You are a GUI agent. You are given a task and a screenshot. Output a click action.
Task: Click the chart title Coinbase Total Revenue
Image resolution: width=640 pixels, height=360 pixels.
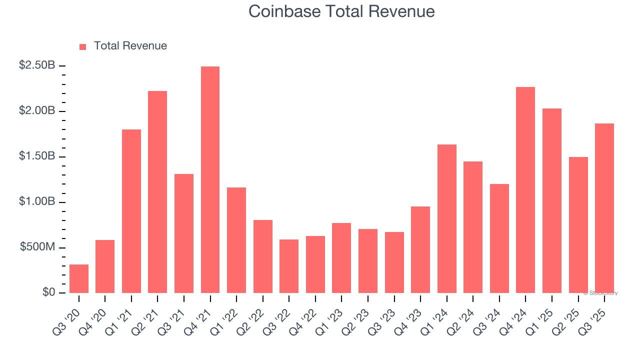(x=341, y=11)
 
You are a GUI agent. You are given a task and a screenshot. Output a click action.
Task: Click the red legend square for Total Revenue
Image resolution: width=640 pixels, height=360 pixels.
(x=82, y=46)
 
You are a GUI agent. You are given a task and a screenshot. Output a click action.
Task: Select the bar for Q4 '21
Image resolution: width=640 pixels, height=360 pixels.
(x=210, y=180)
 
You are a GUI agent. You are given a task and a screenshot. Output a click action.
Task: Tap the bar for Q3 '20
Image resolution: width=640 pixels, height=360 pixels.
(x=79, y=278)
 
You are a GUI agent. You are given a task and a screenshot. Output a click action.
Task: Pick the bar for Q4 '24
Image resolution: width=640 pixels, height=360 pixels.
(x=525, y=190)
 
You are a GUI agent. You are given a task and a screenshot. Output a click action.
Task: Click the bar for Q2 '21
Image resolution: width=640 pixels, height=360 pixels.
(x=157, y=192)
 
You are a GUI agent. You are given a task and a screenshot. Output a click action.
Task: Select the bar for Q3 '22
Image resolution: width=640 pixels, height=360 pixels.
(x=289, y=266)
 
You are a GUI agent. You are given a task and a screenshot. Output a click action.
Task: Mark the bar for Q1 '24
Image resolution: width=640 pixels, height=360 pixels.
(x=446, y=218)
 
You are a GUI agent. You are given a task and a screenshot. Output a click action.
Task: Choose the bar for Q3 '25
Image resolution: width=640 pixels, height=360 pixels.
(x=604, y=208)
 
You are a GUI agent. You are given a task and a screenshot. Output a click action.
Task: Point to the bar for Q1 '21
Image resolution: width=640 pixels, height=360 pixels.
(x=131, y=211)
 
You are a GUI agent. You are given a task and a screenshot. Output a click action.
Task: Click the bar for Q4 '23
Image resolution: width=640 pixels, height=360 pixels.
(x=420, y=249)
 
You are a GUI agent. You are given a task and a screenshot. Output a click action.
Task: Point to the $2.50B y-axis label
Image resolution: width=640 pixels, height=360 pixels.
(x=37, y=65)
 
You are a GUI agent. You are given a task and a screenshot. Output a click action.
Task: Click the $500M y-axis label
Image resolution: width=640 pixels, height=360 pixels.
(x=37, y=248)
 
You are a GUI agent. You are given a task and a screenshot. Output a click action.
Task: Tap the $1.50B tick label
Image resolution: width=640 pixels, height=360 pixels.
(x=37, y=156)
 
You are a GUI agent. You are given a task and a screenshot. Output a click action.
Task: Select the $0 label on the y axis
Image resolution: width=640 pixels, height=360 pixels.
(x=49, y=292)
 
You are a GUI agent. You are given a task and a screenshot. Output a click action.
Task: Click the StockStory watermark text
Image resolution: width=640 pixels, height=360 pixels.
(x=600, y=293)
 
